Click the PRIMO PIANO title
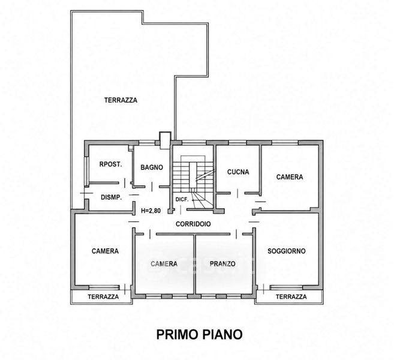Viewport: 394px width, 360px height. point(200,335)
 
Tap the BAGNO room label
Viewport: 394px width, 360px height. point(152,167)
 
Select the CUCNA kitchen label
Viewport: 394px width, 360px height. point(238,172)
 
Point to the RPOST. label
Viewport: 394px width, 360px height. point(110,164)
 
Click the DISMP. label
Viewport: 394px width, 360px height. point(112,197)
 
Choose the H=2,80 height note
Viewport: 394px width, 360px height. point(151,211)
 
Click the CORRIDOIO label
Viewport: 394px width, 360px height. point(193,224)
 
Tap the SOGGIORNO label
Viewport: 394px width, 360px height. point(287,251)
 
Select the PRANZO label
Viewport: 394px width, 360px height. point(222,264)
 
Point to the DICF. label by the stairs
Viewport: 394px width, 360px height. point(182,200)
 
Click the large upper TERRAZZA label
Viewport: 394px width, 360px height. point(121,100)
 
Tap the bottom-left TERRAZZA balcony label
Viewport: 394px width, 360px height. point(103,296)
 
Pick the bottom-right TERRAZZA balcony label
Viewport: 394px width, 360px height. point(291,296)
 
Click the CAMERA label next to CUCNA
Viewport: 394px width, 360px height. point(290,177)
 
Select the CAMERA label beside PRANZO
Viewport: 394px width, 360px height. point(164,264)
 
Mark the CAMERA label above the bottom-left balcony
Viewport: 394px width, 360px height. point(105,251)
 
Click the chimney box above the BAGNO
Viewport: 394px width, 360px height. point(166,140)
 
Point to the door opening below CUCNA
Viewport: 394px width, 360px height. point(237,193)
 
